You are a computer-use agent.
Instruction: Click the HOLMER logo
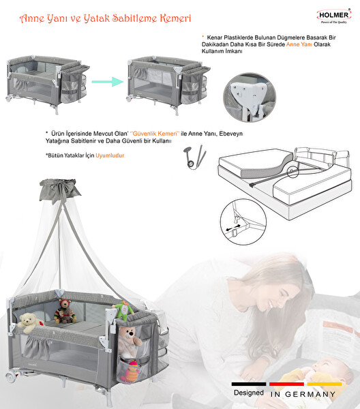333,16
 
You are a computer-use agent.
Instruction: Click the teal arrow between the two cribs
108,81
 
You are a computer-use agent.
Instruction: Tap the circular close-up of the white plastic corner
250,97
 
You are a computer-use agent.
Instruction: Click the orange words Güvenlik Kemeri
156,134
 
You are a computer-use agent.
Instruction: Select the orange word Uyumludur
110,155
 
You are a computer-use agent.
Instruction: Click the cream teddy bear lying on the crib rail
30,322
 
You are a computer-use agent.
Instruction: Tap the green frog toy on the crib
123,310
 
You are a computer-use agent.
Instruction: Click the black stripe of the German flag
249,384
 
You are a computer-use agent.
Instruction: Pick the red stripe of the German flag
286,384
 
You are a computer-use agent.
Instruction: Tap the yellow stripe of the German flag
325,384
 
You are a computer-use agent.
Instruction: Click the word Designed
249,393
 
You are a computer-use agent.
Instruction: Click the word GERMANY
310,395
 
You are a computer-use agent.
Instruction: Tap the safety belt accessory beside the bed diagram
195,157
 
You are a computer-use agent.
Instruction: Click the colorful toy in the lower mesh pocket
133,372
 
